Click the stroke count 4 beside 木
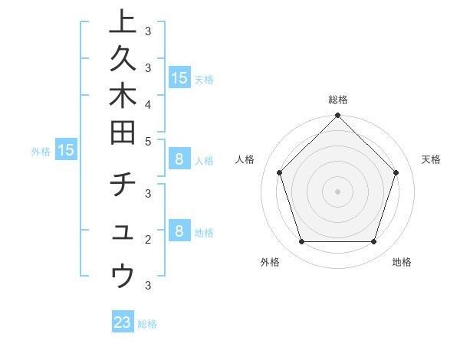148,103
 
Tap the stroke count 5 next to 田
148,141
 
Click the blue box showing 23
123,322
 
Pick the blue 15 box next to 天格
179,77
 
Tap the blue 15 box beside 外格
66,150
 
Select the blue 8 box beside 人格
179,159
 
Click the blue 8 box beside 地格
179,231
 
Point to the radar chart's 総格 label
338,100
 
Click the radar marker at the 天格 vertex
396,172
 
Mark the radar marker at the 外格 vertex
302,242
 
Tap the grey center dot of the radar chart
338,191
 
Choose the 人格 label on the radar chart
245,159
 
